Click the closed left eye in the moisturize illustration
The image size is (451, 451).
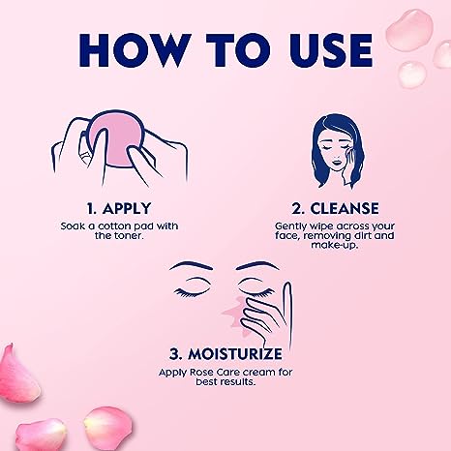pyautogui.click(x=191, y=289)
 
